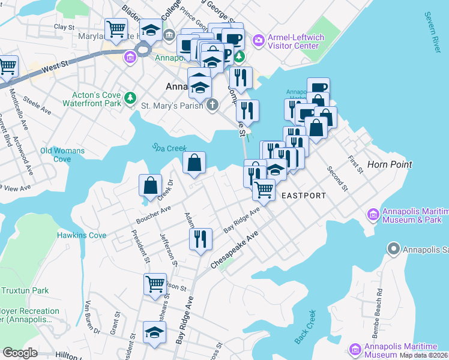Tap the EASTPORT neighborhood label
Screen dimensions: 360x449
[x=303, y=196]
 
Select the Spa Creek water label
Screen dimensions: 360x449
[x=169, y=148]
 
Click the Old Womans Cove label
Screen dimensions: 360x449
[x=62, y=155]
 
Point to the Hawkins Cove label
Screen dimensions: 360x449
[x=82, y=236]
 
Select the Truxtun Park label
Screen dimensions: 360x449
[x=24, y=290]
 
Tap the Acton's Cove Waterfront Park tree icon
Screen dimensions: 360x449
[x=129, y=97]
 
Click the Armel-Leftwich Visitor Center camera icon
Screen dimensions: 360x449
[x=259, y=40]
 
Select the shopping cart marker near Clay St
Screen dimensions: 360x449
[x=115, y=28]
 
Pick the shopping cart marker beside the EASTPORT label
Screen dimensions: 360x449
[x=264, y=189]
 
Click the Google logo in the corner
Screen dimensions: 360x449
[x=20, y=353]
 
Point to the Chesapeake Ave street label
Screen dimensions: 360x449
[x=235, y=250]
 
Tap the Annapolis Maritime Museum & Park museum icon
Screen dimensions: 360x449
[x=372, y=214]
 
